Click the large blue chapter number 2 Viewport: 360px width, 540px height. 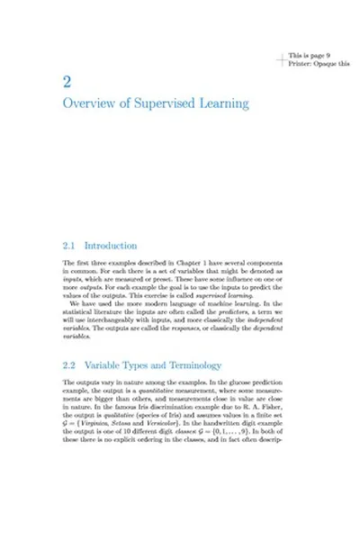[67, 83]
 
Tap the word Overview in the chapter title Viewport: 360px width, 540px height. [89, 104]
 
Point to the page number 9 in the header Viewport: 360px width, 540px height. [328, 55]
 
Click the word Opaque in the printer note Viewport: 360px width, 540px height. [324, 63]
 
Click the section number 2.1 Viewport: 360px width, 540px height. [68, 245]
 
